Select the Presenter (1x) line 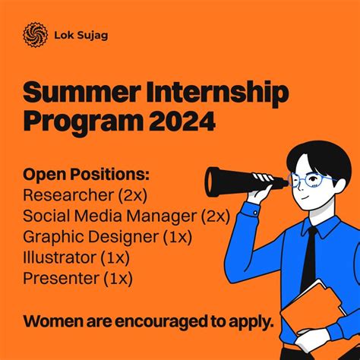click(x=78, y=279)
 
